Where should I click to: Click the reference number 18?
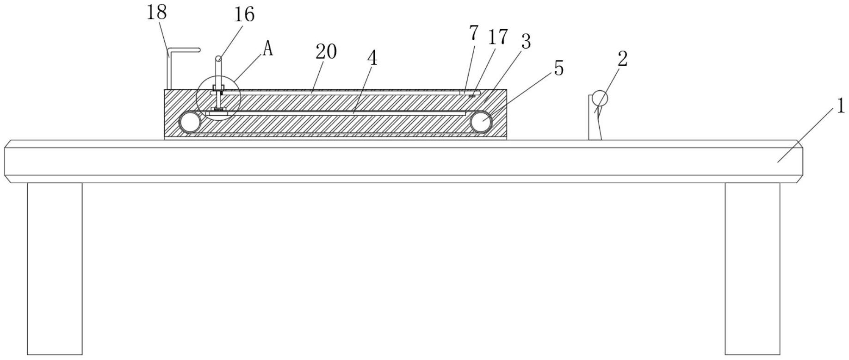pyautogui.click(x=156, y=12)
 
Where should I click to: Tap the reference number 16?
pyautogui.click(x=244, y=15)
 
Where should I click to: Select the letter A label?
pyautogui.click(x=267, y=49)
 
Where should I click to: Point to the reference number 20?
pyautogui.click(x=326, y=52)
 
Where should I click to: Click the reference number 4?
pyautogui.click(x=372, y=58)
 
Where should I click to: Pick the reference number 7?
pyautogui.click(x=473, y=33)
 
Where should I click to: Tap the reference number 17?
pyautogui.click(x=497, y=37)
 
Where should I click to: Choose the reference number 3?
pyautogui.click(x=525, y=42)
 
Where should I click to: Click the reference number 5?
pyautogui.click(x=559, y=68)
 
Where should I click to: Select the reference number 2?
pyautogui.click(x=622, y=59)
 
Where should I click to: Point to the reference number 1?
pyautogui.click(x=840, y=107)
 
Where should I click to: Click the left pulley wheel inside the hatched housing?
pyautogui.click(x=190, y=123)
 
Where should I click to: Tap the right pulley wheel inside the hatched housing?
pyautogui.click(x=481, y=123)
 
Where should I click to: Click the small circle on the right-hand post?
pyautogui.click(x=600, y=98)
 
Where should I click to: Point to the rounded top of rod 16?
pyautogui.click(x=218, y=59)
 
